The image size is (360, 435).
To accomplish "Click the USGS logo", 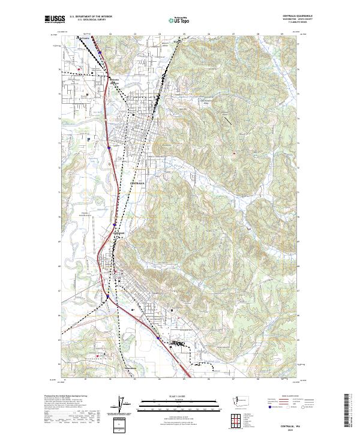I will point(55,20).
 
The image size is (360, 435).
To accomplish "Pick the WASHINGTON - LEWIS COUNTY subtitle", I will point(286,20).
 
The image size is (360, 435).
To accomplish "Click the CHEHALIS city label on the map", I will point(118,232).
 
